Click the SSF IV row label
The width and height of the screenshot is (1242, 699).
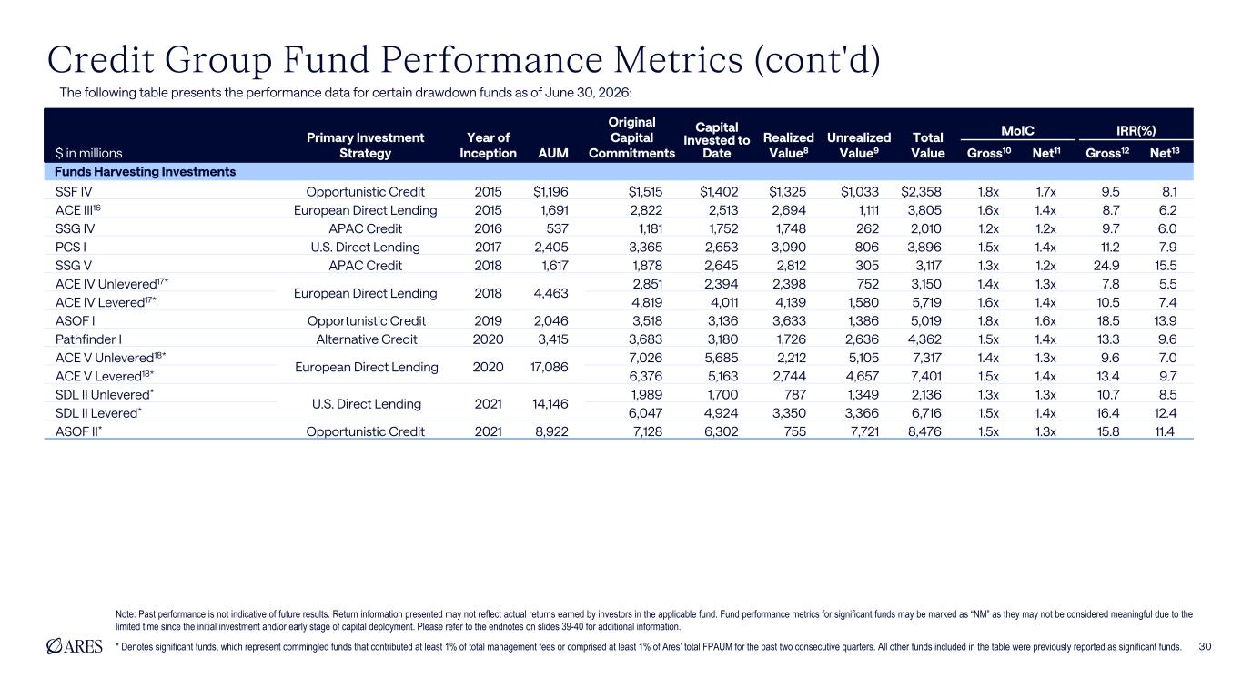(74, 192)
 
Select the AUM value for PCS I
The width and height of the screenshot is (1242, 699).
(551, 247)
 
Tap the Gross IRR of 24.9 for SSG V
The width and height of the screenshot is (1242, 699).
(1106, 266)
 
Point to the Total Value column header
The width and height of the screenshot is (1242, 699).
(927, 146)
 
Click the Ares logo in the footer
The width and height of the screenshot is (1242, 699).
(75, 646)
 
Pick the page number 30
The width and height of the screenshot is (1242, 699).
(1205, 646)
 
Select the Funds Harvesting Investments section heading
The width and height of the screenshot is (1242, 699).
(146, 172)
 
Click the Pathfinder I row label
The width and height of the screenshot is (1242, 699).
(89, 339)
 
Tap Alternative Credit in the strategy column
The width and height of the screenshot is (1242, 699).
(366, 339)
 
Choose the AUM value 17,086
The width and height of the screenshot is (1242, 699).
(549, 367)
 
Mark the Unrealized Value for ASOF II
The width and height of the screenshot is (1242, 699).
(864, 431)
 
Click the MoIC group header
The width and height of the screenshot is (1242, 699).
(1017, 131)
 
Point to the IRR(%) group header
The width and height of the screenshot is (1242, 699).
(1136, 131)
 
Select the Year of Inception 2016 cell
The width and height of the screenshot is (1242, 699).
(488, 228)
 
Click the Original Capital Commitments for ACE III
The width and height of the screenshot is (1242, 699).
(646, 210)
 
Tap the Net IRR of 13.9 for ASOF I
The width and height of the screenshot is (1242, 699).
(1165, 320)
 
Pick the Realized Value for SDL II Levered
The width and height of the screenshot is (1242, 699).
(790, 413)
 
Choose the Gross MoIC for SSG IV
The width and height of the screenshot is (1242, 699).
(988, 228)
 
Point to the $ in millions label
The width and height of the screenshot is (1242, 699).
(89, 153)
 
